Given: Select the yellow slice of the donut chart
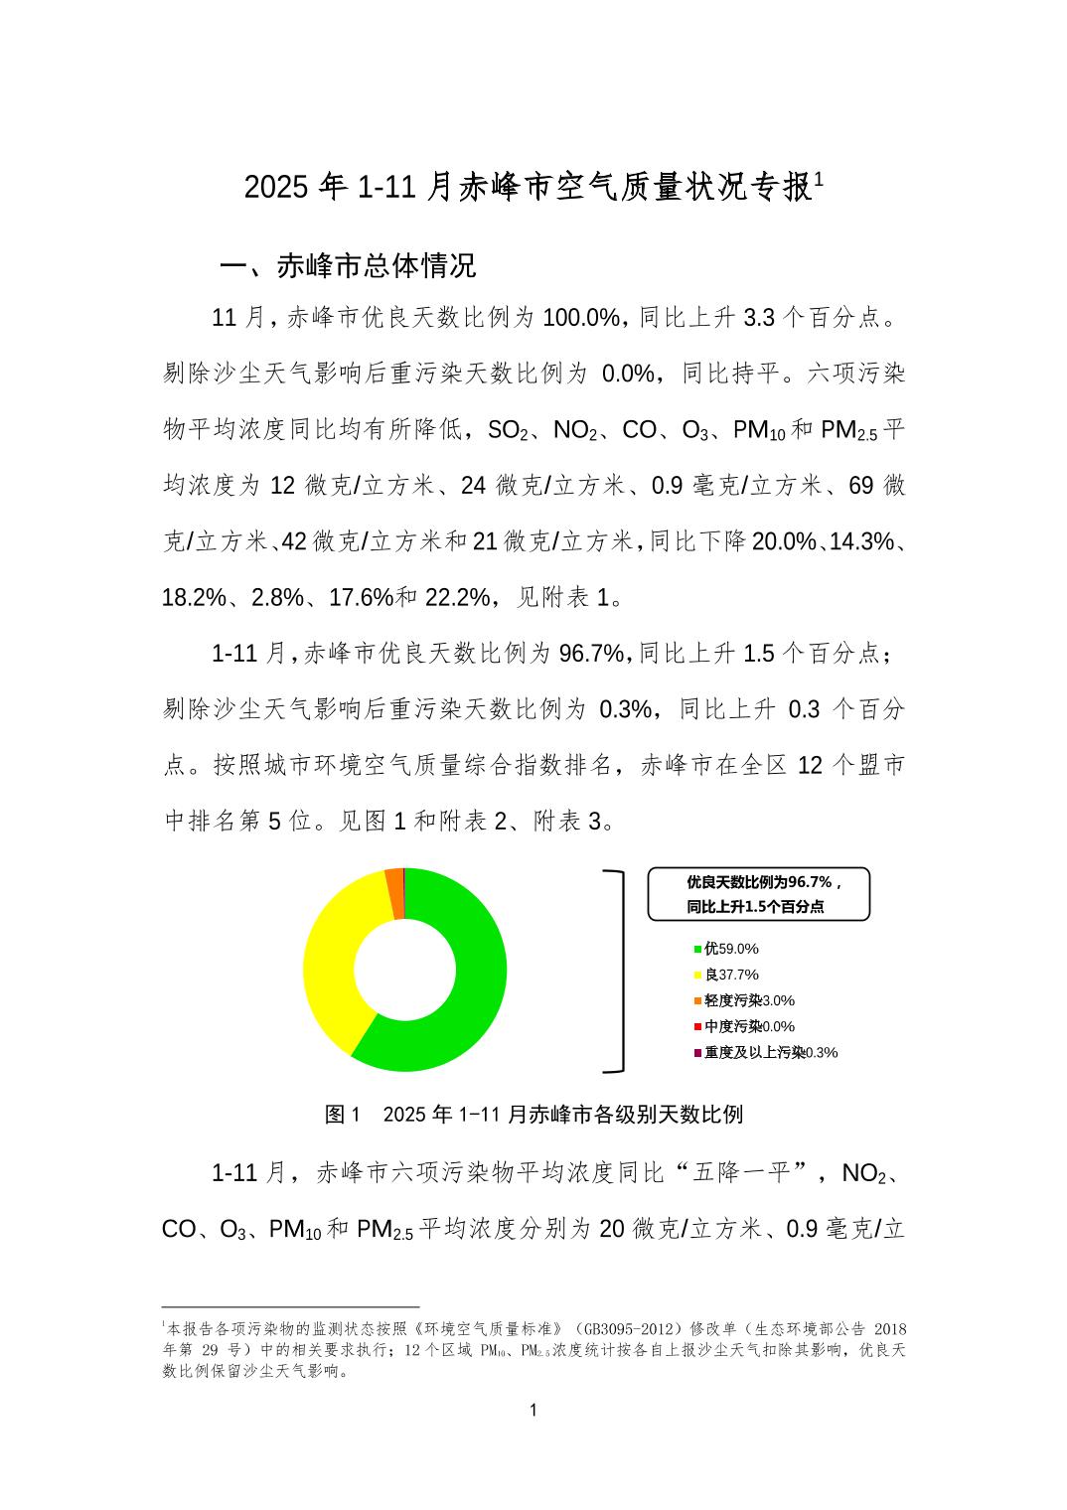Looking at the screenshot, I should [x=333, y=954].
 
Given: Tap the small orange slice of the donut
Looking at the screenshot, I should [x=395, y=880].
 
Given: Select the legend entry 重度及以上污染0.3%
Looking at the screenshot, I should [x=765, y=1052].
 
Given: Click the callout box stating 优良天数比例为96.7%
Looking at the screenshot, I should [x=758, y=894].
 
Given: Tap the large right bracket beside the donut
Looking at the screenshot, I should [x=618, y=971].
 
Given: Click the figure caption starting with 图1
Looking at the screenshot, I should [x=533, y=1114].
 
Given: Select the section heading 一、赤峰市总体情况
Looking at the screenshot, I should [x=348, y=266].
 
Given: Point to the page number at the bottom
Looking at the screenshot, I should [x=533, y=1410].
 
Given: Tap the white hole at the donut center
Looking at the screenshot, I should [x=404, y=970].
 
